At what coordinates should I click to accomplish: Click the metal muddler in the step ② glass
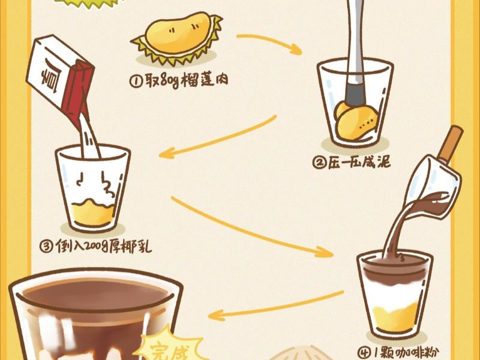click(x=356, y=48)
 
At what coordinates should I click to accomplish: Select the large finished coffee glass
click(x=90, y=318)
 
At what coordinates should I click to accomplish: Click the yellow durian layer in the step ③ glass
click(x=94, y=213)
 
